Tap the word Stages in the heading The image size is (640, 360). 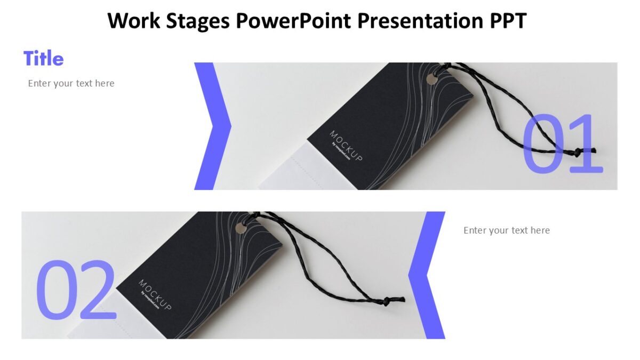(199, 21)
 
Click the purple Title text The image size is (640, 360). (43, 58)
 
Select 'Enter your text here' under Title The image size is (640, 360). (71, 83)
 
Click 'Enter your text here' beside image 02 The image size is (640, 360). (506, 230)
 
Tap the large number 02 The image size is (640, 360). (76, 291)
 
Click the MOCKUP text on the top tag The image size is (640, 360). (346, 146)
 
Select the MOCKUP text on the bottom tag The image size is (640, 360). (155, 294)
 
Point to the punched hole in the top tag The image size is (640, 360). (431, 79)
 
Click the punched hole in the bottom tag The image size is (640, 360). (241, 228)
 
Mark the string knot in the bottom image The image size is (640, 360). (384, 301)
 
